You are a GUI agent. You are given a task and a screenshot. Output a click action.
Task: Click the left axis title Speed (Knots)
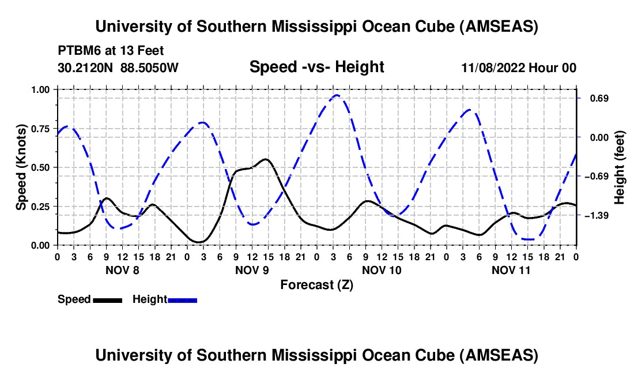click(x=21, y=167)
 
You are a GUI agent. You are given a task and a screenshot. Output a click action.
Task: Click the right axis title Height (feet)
click(x=620, y=167)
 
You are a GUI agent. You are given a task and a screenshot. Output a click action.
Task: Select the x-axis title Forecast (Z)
click(x=316, y=284)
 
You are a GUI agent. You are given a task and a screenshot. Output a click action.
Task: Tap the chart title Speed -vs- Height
click(x=316, y=67)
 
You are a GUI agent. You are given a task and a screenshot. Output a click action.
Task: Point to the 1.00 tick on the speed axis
click(x=44, y=89)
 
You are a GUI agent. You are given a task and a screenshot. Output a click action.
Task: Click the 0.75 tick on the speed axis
click(x=44, y=129)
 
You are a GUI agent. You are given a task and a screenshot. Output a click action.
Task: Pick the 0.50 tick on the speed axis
click(x=44, y=167)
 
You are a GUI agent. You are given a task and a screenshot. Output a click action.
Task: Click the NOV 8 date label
click(x=122, y=270)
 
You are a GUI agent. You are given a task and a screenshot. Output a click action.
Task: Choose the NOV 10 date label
click(x=382, y=270)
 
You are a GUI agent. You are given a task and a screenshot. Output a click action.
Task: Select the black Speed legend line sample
click(x=107, y=299)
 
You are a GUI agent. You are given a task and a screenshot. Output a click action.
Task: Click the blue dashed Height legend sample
click(x=182, y=299)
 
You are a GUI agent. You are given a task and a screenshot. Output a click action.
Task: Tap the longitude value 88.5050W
click(x=150, y=68)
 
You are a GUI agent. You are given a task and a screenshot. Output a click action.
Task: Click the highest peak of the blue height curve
click(x=337, y=95)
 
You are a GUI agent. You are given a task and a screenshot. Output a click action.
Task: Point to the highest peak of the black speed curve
click(x=265, y=159)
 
